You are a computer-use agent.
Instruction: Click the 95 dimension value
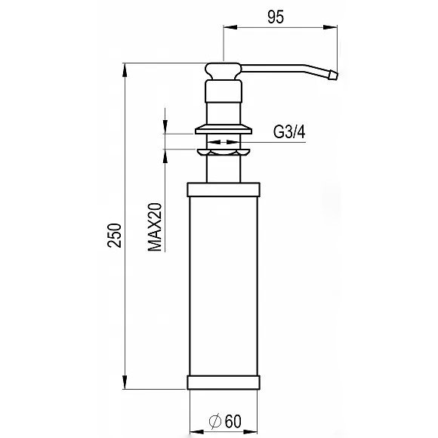(276, 17)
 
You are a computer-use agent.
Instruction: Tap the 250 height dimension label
(115, 235)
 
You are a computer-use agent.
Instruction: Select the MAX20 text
(155, 227)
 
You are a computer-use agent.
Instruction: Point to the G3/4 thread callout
(289, 132)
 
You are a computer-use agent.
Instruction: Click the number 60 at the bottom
(233, 421)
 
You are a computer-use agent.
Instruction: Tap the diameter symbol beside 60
(215, 421)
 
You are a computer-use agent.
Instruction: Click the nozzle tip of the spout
(333, 76)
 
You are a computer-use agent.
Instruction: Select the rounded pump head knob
(224, 71)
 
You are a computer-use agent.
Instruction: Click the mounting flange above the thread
(224, 129)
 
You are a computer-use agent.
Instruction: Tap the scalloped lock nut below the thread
(224, 153)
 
